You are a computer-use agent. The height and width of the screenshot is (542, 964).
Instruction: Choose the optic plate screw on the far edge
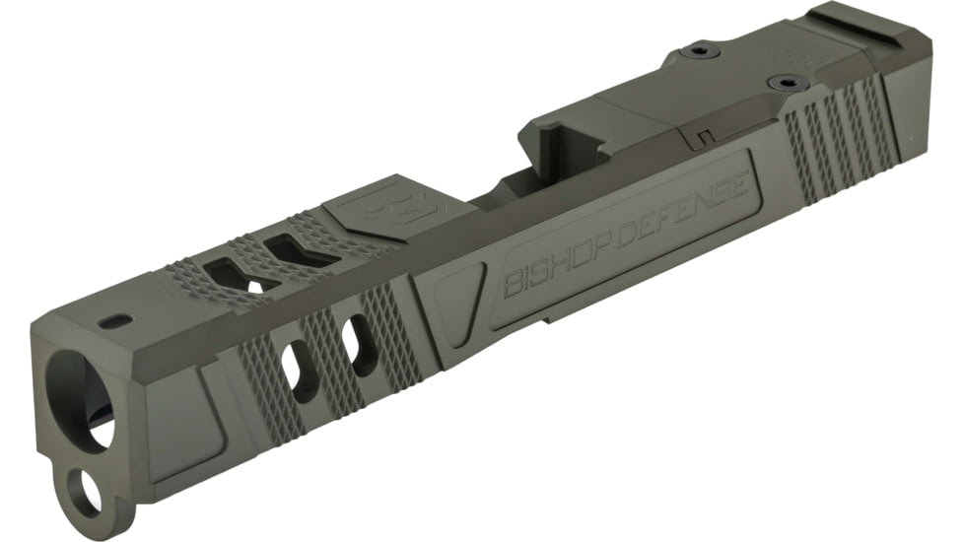[698, 50]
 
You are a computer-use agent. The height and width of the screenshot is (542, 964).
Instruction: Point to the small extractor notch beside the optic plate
[703, 134]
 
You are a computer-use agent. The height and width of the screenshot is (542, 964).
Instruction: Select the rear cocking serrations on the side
[838, 138]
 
